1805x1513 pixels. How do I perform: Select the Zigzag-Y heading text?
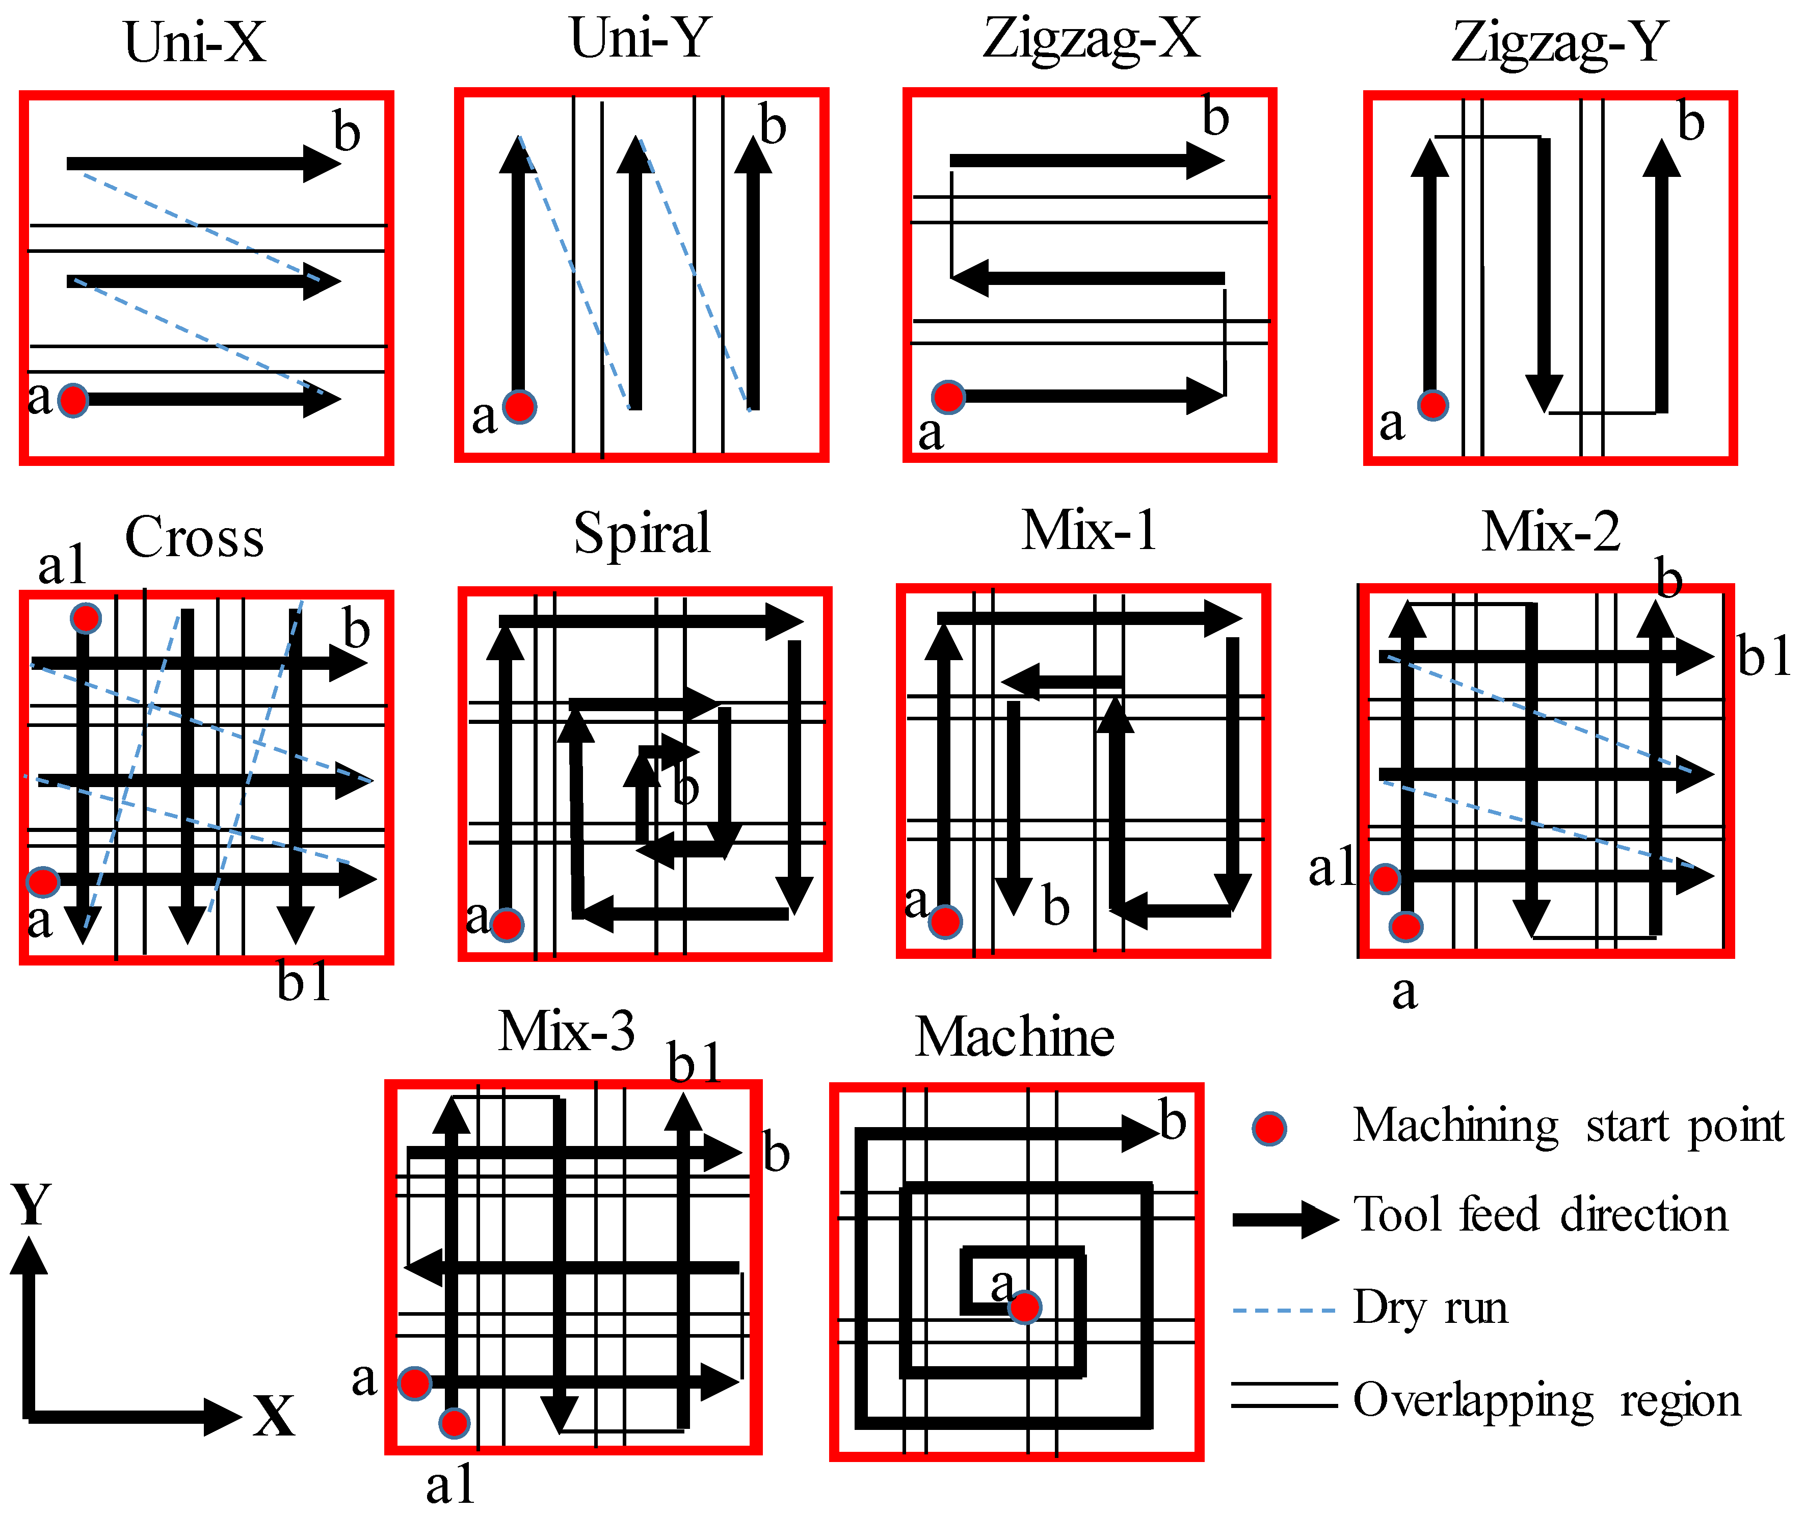pyautogui.click(x=1559, y=43)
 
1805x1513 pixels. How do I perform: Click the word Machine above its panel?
pyautogui.click(x=1014, y=1037)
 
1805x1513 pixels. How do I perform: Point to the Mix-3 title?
pyautogui.click(x=567, y=1032)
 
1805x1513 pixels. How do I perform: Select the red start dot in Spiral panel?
pyautogui.click(x=507, y=925)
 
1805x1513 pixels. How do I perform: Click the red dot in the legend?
pyautogui.click(x=1269, y=1129)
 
